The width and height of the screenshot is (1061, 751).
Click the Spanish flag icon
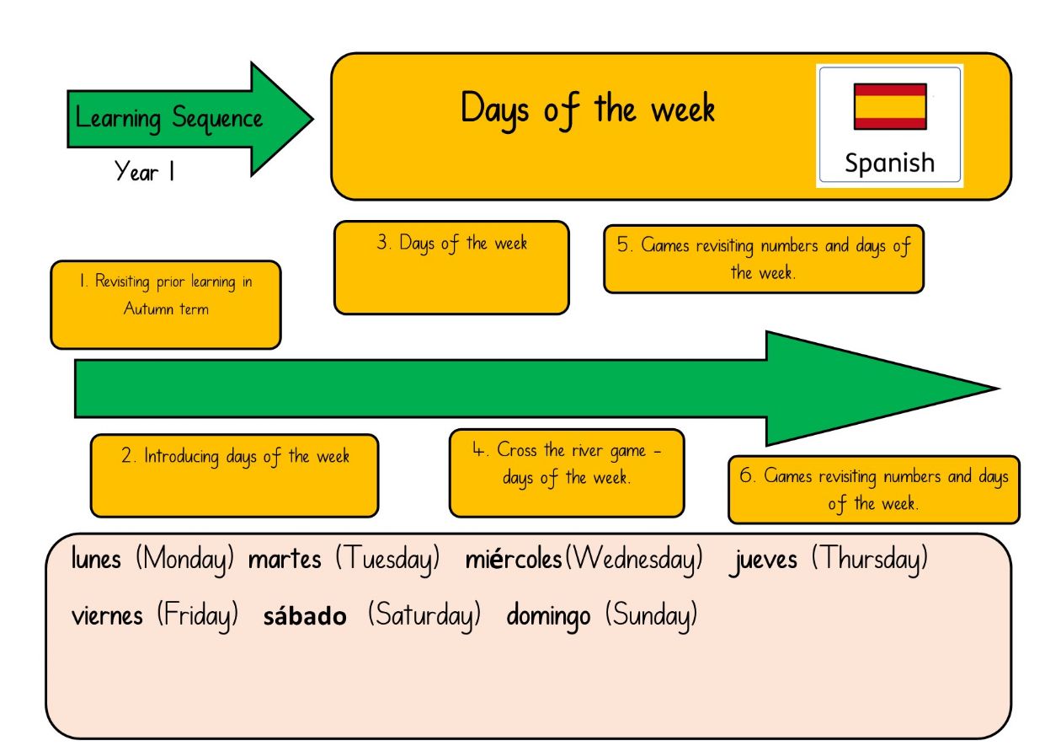click(x=890, y=106)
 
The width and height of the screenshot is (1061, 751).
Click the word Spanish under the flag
click(x=889, y=163)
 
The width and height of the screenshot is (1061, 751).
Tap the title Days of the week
click(x=588, y=110)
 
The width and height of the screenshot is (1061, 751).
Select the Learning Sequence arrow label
click(x=168, y=119)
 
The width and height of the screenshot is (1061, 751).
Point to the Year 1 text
click(x=145, y=171)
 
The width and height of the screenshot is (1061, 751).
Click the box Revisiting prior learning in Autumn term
click(x=166, y=305)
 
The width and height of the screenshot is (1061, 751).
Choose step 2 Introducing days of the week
click(x=234, y=475)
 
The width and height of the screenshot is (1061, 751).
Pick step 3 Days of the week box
click(x=451, y=267)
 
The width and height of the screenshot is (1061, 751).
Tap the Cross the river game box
click(x=567, y=473)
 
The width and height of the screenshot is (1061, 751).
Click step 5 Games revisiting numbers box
click(x=764, y=259)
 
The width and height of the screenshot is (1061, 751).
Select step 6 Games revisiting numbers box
click(x=874, y=490)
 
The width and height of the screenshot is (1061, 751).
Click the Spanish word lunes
click(x=96, y=558)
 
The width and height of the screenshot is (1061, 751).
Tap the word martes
click(x=285, y=560)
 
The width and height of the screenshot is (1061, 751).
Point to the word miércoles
click(x=514, y=559)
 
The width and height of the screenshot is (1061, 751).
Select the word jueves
click(x=763, y=561)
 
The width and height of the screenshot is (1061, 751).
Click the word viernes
click(x=107, y=616)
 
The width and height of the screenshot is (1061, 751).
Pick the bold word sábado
click(x=305, y=615)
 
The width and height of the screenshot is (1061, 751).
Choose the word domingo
click(x=548, y=617)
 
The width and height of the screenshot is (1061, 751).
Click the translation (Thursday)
click(x=870, y=561)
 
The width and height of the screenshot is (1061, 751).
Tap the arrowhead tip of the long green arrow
click(x=999, y=389)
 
